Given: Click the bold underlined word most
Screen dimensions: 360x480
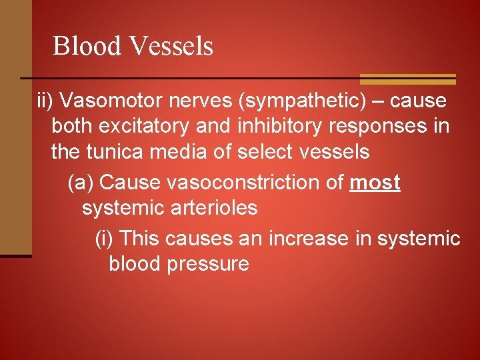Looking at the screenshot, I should click(x=375, y=183).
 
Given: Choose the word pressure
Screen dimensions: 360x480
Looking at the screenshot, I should click(x=208, y=264).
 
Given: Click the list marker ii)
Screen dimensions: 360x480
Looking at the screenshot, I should click(x=46, y=101).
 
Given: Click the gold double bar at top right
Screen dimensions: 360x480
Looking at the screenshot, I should click(x=407, y=79).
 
